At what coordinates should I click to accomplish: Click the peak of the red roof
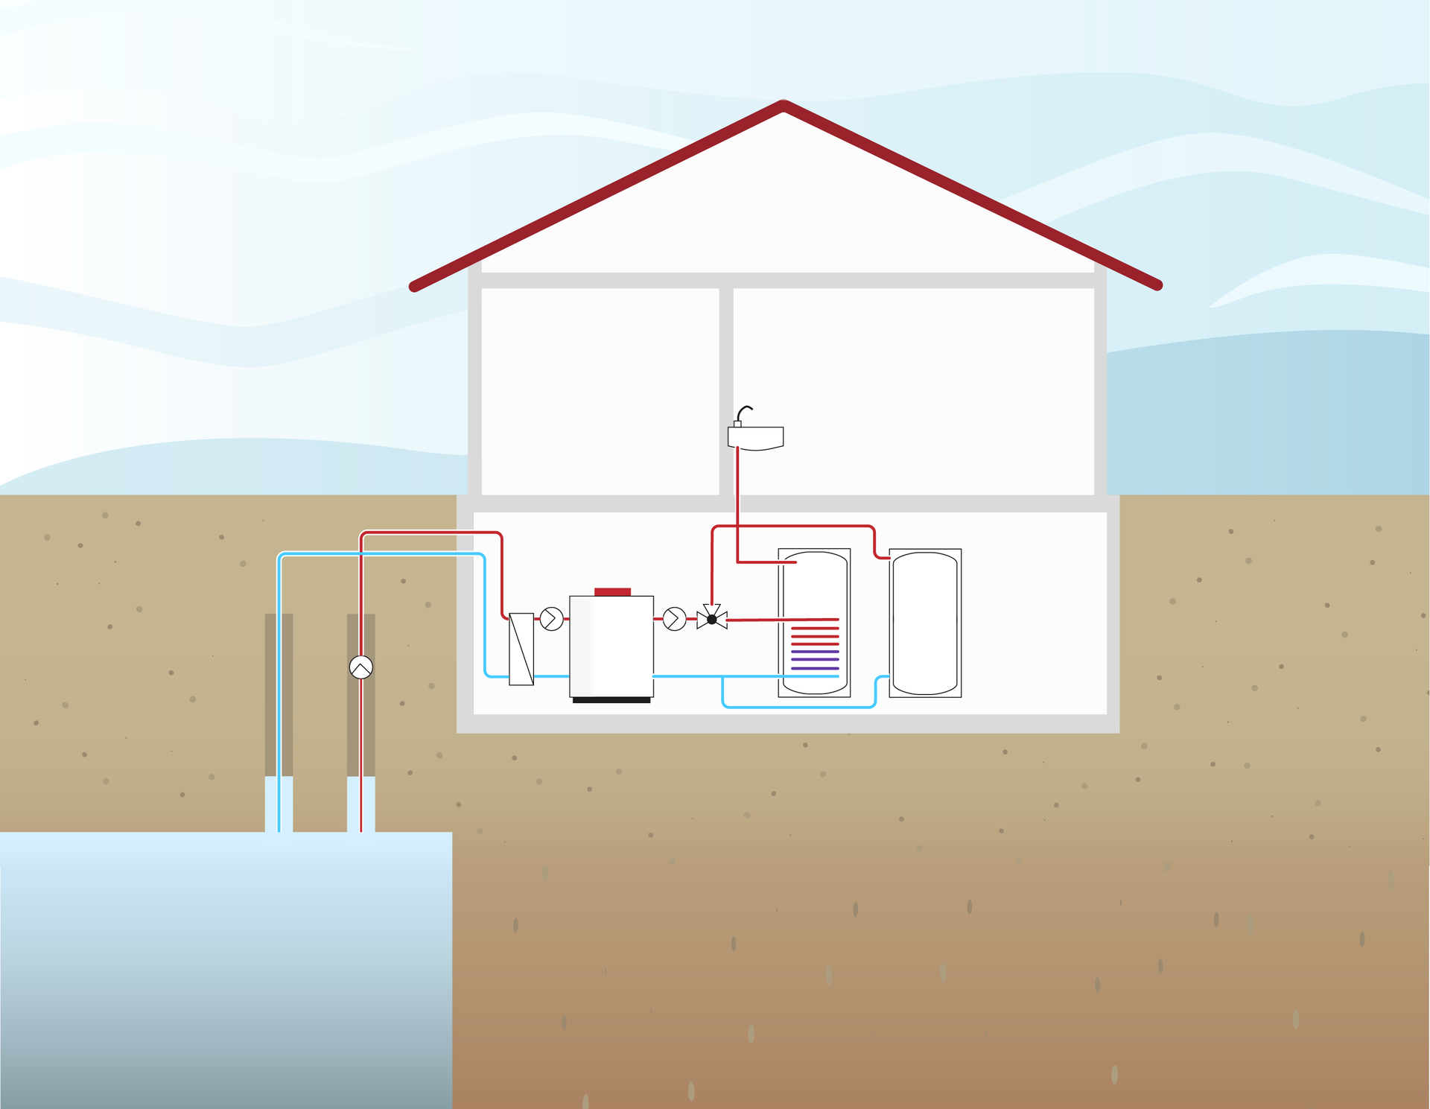[784, 106]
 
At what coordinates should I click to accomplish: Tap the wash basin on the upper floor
[756, 438]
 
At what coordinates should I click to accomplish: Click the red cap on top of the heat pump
[612, 591]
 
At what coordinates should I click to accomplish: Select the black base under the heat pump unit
[611, 700]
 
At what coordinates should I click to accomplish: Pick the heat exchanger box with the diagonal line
[521, 649]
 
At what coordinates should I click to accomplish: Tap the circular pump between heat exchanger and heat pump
[551, 619]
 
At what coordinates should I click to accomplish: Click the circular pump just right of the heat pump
[674, 619]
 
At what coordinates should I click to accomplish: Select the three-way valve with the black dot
[712, 618]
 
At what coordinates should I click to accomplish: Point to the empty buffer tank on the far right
[925, 623]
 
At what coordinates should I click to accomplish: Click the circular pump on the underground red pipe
[361, 667]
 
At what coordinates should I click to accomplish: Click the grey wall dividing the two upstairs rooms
[726, 391]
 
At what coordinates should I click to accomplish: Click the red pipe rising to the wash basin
[737, 506]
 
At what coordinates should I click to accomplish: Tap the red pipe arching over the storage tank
[793, 527]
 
